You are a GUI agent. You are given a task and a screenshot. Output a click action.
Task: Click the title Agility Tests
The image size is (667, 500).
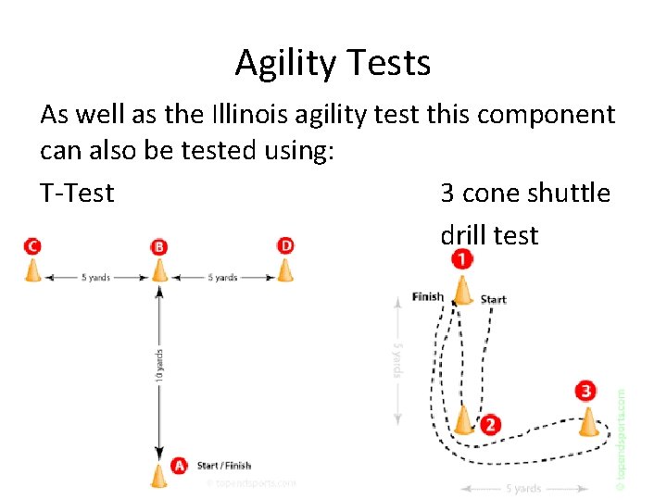pos(333,63)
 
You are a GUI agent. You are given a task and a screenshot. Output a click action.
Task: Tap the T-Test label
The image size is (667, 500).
pos(77,193)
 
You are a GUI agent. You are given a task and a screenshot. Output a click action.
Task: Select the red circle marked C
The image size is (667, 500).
pos(32,245)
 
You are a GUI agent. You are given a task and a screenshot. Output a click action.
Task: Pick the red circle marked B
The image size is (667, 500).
pos(159,247)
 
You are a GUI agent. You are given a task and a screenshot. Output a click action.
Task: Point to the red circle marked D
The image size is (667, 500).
pos(286,245)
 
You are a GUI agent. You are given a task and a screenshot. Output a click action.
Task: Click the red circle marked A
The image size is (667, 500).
pos(179,465)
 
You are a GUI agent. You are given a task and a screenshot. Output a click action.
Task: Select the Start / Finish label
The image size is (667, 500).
pos(223,465)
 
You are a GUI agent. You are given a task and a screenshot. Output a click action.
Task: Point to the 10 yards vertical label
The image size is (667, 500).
pos(160,364)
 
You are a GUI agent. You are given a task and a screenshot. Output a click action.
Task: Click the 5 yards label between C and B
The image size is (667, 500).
pos(96,277)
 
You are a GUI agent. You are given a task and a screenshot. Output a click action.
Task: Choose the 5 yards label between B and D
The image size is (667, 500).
pos(222,277)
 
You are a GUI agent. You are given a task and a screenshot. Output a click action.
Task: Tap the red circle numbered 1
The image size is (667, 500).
pos(461,260)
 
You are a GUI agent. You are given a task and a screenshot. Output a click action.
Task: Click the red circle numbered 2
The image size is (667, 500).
pos(489,425)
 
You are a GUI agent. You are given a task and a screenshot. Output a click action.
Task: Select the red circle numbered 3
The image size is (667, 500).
pos(585,391)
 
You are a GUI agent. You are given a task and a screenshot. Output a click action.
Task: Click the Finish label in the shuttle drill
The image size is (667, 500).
pos(428,297)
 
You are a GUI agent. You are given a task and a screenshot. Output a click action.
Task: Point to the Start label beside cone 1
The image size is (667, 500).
pos(494,299)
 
